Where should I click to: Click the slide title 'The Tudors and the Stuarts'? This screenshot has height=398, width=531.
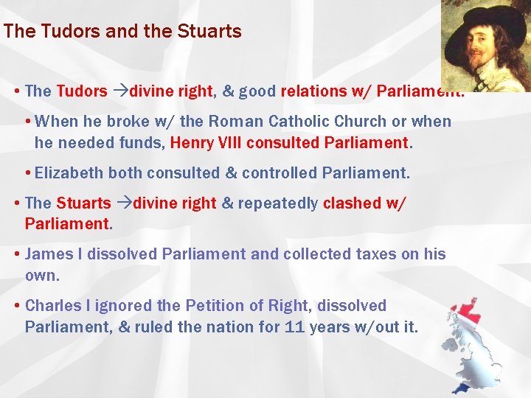122,32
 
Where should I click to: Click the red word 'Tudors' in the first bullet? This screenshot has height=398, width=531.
82,91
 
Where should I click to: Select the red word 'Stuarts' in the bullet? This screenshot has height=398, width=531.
83,203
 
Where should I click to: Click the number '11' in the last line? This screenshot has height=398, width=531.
294,326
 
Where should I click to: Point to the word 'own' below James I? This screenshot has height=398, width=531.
40,275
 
